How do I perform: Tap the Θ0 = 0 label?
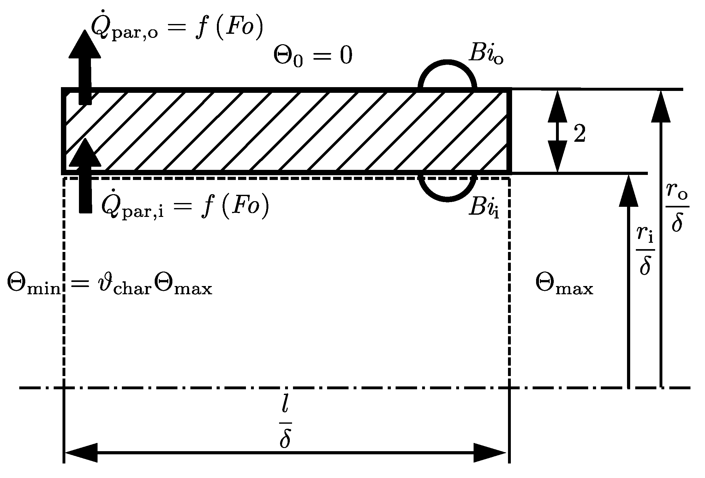(313, 57)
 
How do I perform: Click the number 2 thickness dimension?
(579, 134)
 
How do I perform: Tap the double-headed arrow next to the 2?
(557, 131)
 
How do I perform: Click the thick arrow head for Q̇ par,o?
(85, 44)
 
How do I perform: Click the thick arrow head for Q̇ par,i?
(85, 153)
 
